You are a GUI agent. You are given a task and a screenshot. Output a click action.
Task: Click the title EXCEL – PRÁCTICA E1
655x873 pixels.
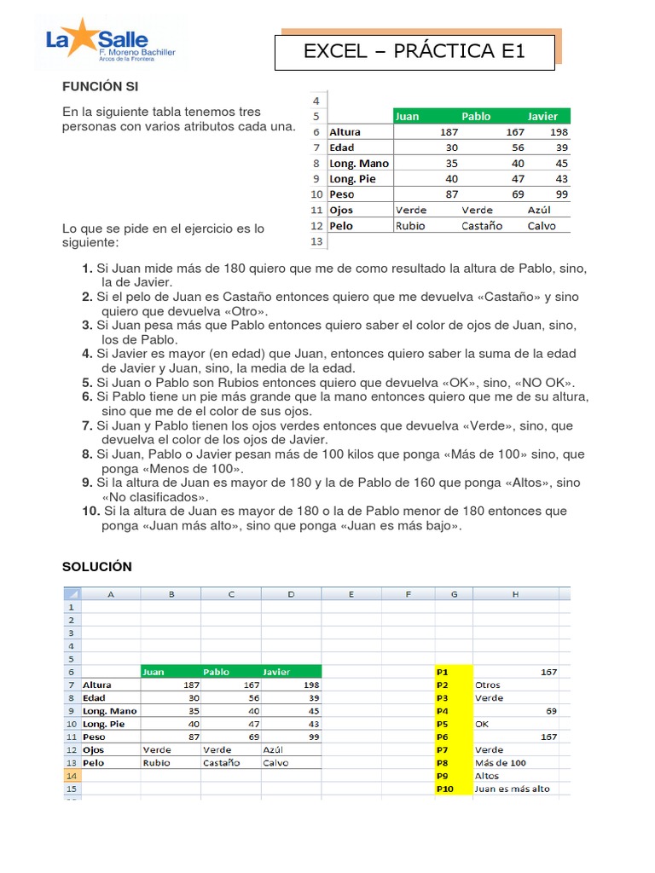coord(414,52)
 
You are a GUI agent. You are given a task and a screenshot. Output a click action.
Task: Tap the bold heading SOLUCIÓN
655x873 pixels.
coord(97,567)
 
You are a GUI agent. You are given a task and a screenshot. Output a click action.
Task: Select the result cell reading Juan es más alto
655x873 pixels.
coord(513,789)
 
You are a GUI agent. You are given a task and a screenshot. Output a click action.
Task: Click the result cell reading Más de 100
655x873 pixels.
coord(501,762)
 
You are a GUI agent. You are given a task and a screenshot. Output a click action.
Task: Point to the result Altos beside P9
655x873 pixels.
coord(489,776)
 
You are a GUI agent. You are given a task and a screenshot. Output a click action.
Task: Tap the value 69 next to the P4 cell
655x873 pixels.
coord(550,710)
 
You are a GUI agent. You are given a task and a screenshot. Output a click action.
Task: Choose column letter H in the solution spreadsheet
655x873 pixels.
coord(516,594)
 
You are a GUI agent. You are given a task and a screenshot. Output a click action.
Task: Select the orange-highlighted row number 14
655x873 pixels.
coord(71,776)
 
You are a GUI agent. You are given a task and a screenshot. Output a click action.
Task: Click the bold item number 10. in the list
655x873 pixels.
coord(91,511)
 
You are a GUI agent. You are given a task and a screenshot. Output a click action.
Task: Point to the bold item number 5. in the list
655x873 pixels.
coord(87,383)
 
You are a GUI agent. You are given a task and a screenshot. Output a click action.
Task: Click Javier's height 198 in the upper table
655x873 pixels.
coord(559,132)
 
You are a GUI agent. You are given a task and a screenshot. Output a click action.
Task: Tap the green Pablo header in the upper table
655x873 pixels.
coord(476,116)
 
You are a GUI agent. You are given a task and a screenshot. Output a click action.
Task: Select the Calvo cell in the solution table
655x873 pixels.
coord(275,763)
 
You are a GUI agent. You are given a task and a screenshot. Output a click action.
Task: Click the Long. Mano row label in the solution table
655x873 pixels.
coord(109,710)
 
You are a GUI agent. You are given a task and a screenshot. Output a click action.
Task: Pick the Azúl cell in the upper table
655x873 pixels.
coord(540,210)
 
